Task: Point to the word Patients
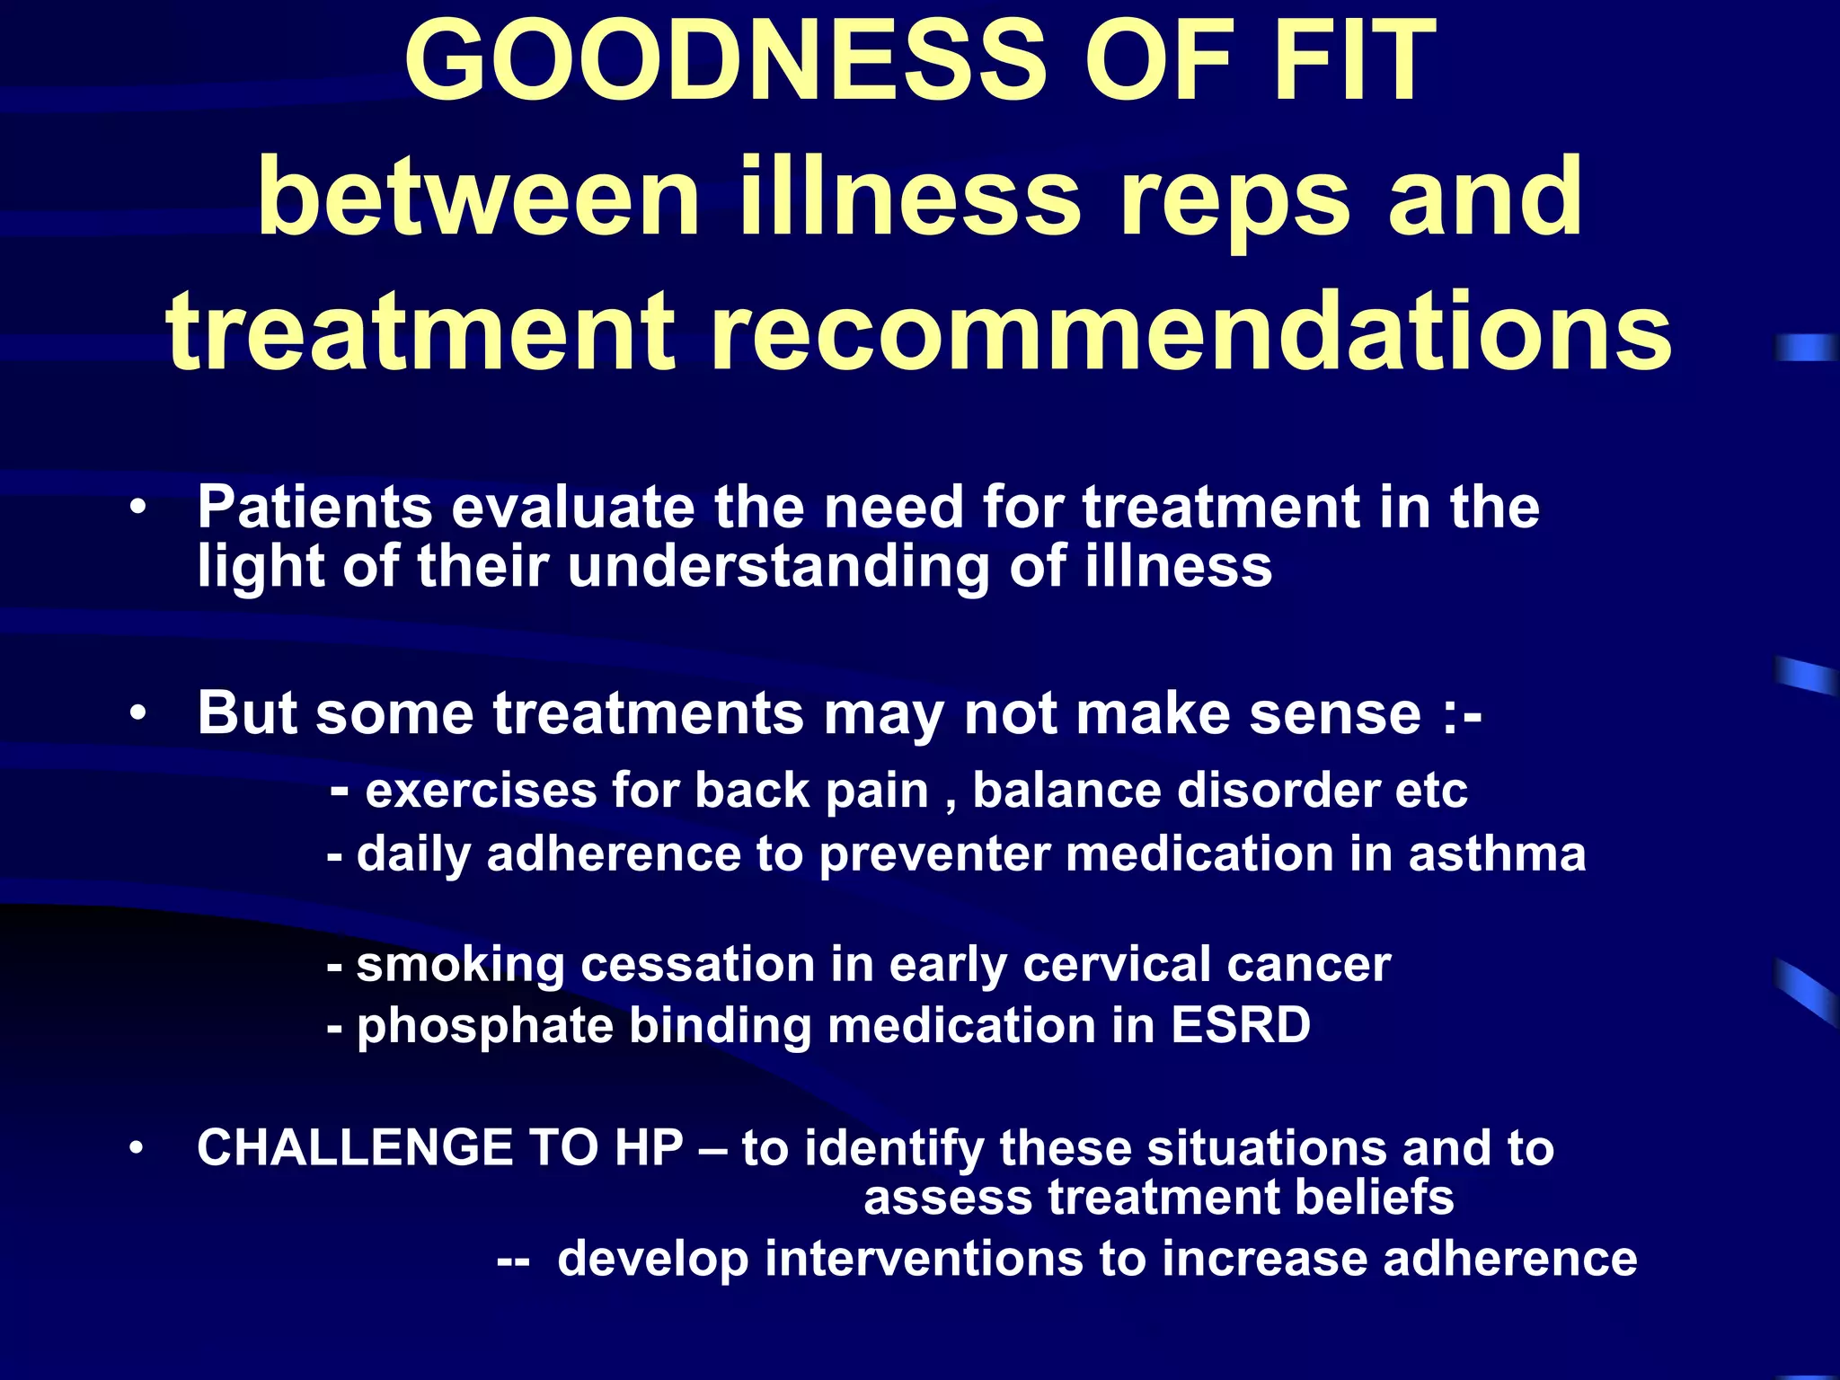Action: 315,508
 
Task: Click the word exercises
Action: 482,792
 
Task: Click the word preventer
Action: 934,854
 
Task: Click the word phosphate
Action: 485,1027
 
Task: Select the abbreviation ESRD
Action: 1241,1025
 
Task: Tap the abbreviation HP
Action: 649,1148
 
